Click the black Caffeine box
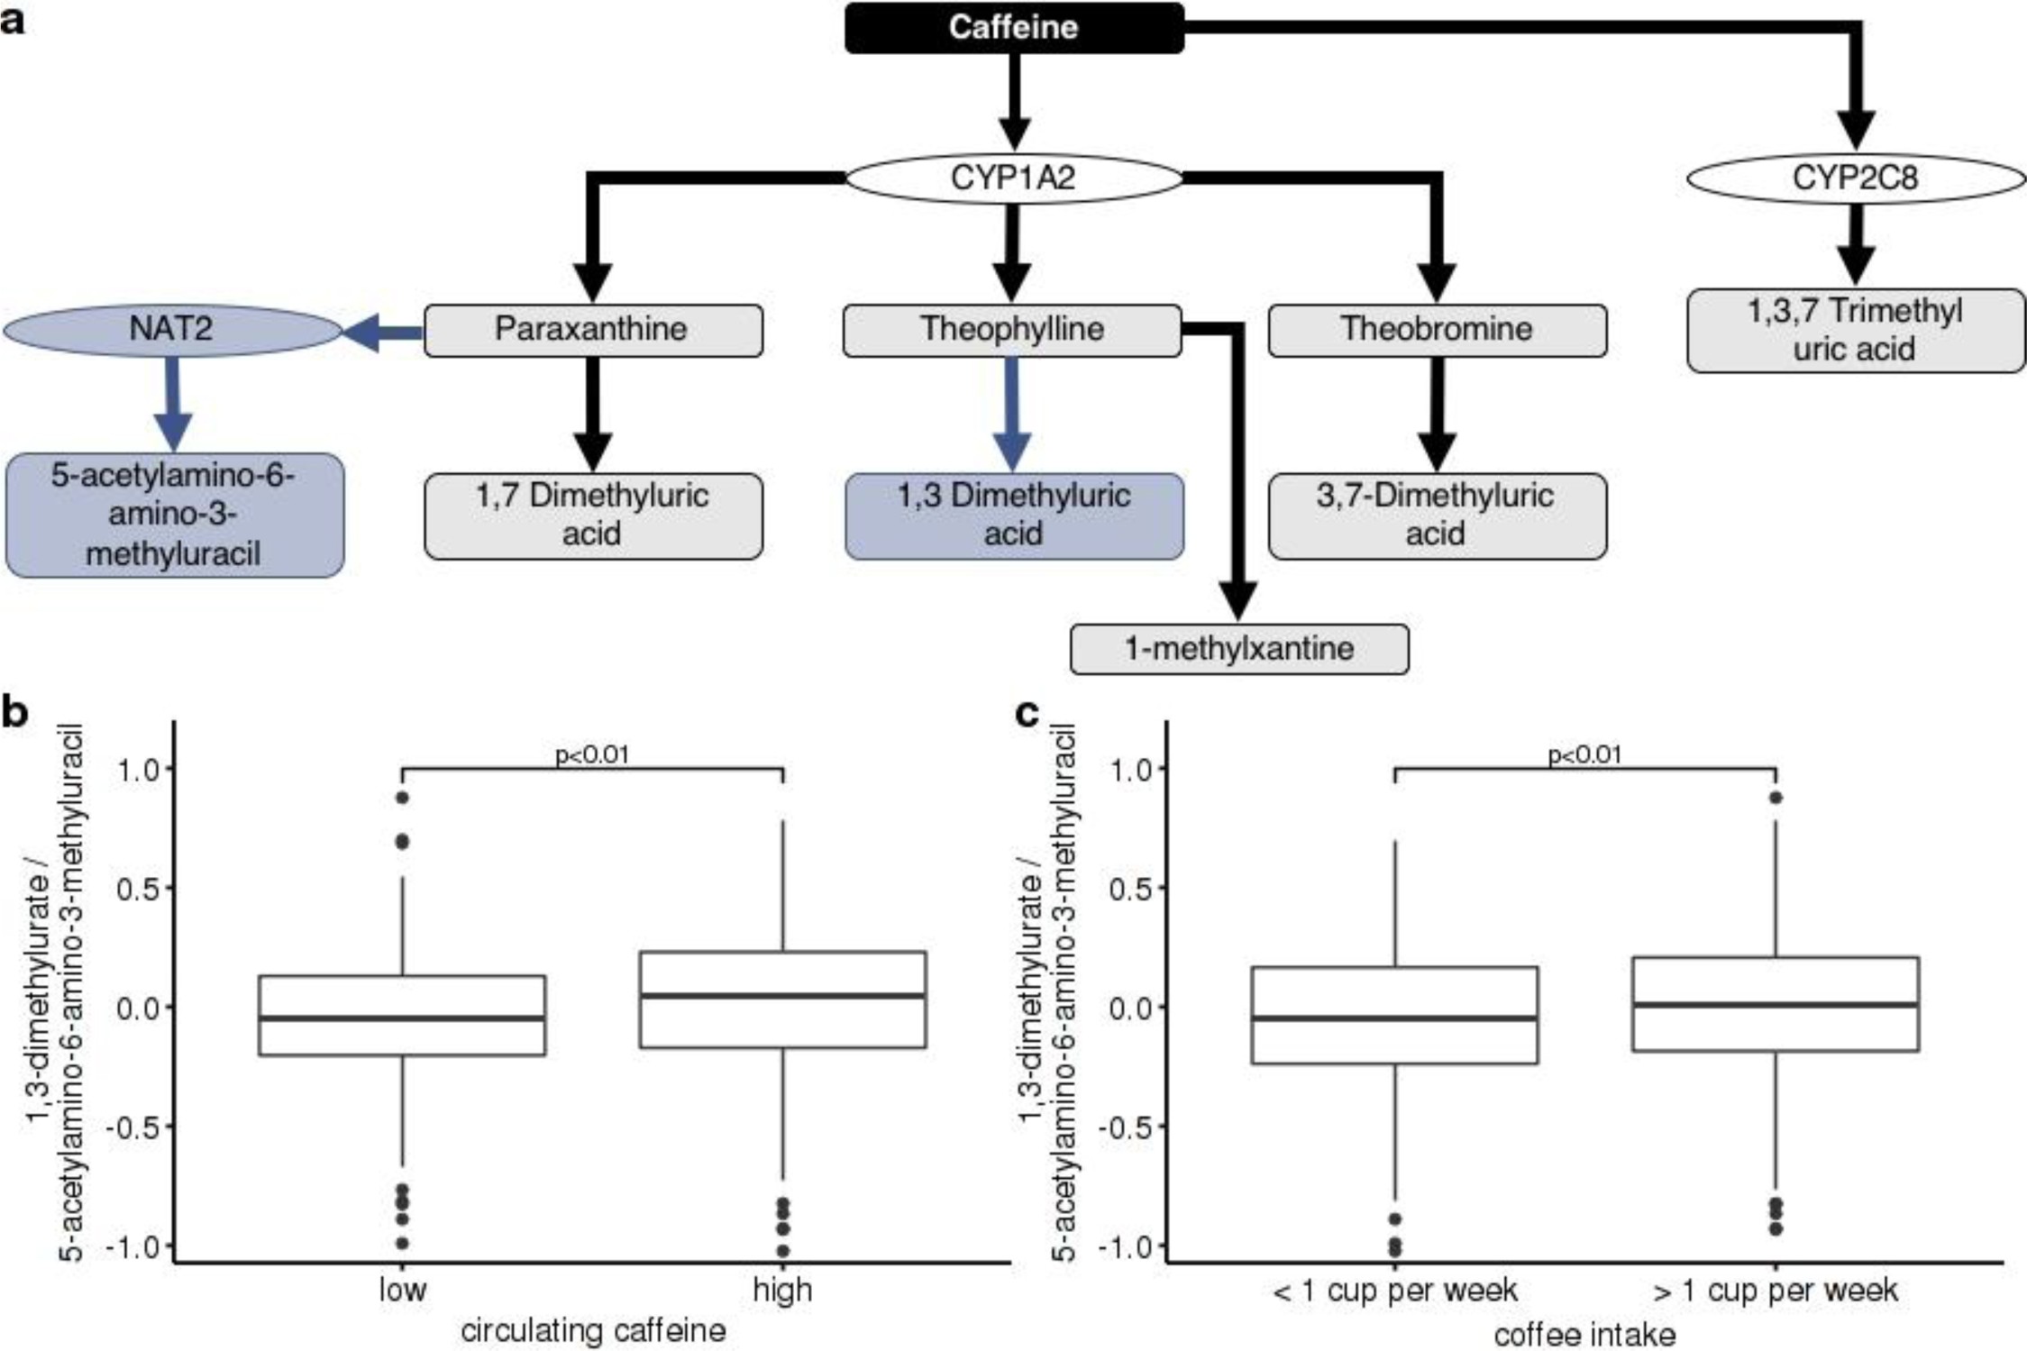(1013, 28)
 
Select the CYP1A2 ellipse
(1013, 178)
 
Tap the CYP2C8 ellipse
(1855, 178)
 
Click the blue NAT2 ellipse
(171, 329)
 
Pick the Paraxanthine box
(592, 330)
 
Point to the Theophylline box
(1011, 330)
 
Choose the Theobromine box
(1437, 330)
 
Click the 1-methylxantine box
(1238, 649)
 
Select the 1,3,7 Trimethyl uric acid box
(1855, 330)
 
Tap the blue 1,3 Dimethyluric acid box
(1013, 516)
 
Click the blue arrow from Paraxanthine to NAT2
(383, 333)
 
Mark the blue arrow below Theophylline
(1011, 415)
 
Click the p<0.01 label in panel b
(591, 754)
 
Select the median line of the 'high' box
(782, 995)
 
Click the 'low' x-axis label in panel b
(402, 1290)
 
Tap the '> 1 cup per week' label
(1775, 1291)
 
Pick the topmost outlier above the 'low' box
(402, 798)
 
